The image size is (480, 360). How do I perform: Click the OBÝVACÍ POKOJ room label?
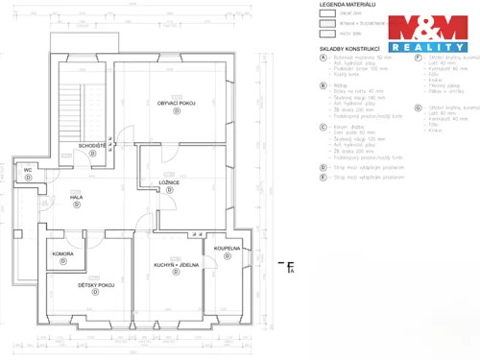pyautogui.click(x=176, y=103)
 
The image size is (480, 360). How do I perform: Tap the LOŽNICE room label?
pyautogui.click(x=169, y=181)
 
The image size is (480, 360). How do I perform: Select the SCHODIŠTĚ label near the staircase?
pyautogui.click(x=92, y=145)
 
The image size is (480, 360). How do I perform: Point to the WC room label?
pyautogui.click(x=28, y=170)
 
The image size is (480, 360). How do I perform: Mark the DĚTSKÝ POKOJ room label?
pyautogui.click(x=96, y=285)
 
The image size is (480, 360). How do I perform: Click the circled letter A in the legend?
pyautogui.click(x=324, y=57)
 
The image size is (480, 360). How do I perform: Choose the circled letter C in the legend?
pyautogui.click(x=324, y=125)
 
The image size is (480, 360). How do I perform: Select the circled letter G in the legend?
pyautogui.click(x=419, y=108)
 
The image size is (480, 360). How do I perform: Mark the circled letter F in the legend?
pyautogui.click(x=419, y=57)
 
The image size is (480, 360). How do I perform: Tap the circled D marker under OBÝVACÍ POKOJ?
pyautogui.click(x=176, y=111)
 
